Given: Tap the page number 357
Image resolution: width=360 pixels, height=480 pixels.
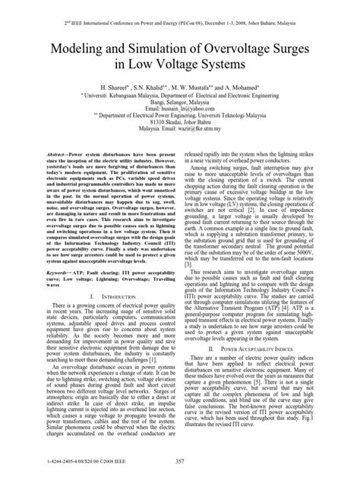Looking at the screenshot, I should (179, 463).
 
